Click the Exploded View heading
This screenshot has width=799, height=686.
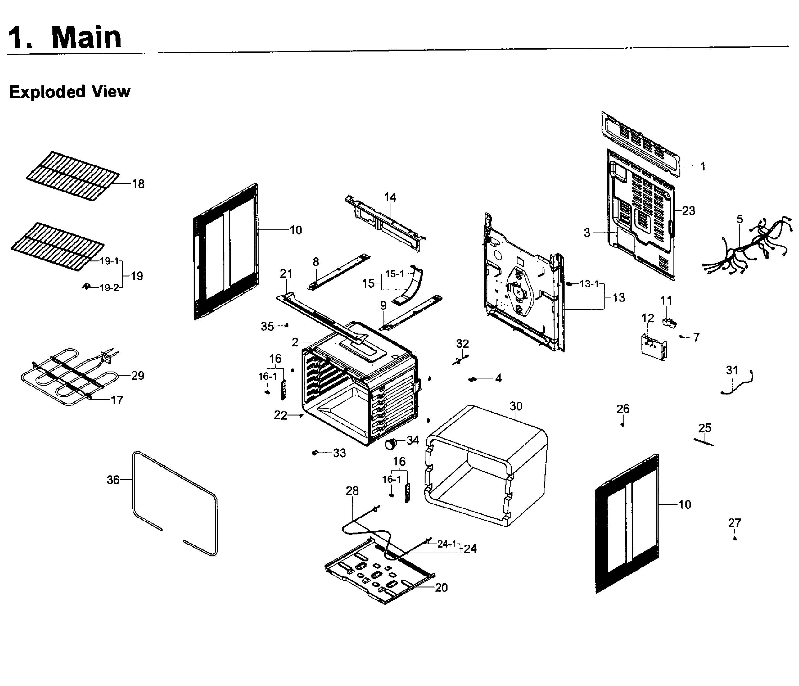(x=70, y=92)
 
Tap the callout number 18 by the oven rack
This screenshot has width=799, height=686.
(x=138, y=184)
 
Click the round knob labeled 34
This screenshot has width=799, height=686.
(x=391, y=444)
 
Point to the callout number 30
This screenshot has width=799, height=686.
(x=516, y=406)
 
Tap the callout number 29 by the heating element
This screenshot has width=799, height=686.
(x=138, y=375)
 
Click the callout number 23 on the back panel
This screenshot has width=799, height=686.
(x=688, y=211)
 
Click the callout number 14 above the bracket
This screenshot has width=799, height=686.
(x=390, y=197)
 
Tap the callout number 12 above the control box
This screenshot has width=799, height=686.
(x=647, y=318)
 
